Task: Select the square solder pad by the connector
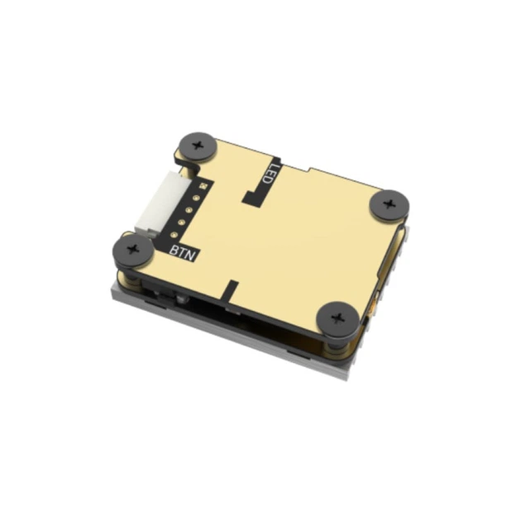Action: coord(201,186)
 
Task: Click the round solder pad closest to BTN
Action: coord(173,235)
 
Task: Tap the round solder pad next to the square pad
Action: coord(196,198)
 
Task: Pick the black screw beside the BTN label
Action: coord(133,249)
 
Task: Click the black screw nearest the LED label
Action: coord(198,146)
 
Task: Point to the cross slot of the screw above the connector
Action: coord(198,146)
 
